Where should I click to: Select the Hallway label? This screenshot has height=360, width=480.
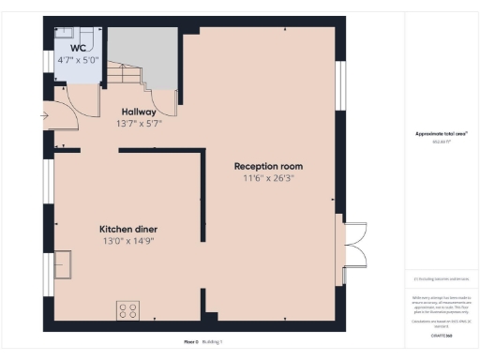(x=137, y=111)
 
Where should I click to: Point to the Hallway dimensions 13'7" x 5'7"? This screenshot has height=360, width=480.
(x=137, y=124)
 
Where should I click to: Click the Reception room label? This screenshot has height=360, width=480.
(x=268, y=166)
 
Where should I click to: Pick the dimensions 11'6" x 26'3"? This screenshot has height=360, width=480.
(x=268, y=178)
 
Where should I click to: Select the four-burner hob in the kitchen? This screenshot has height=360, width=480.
(x=128, y=308)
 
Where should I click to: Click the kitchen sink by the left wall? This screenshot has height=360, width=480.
(x=63, y=264)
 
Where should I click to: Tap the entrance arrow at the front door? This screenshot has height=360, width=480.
(x=44, y=116)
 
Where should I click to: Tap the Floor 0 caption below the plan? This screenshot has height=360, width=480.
(x=191, y=342)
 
